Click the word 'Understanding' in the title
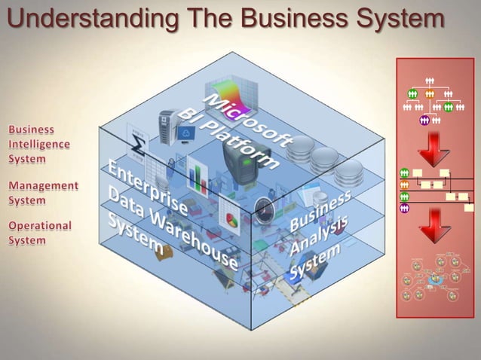80,19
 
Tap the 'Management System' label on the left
42,193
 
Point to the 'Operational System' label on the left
40,233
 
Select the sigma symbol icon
139,142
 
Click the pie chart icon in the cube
229,218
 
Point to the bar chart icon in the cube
198,176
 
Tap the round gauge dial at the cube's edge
261,209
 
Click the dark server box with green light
238,163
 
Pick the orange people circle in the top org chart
430,94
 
